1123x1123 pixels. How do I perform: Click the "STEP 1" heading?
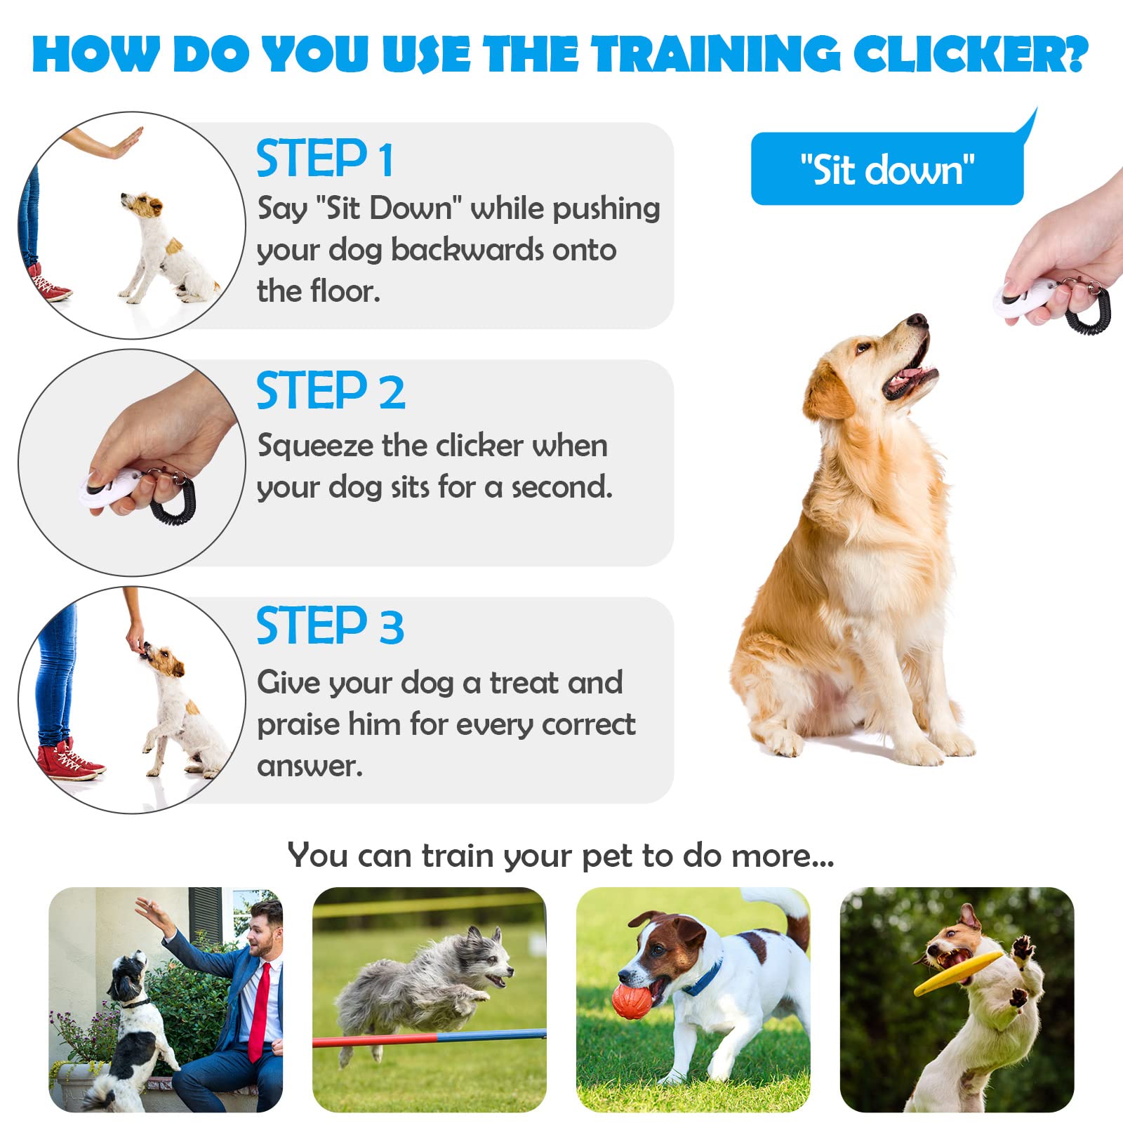point(324,159)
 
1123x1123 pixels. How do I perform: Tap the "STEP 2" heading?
point(330,391)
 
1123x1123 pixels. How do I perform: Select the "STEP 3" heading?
point(330,626)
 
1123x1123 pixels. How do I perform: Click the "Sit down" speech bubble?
point(886,170)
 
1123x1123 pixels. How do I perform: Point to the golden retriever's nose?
point(917,321)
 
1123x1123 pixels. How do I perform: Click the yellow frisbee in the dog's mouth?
point(957,973)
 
